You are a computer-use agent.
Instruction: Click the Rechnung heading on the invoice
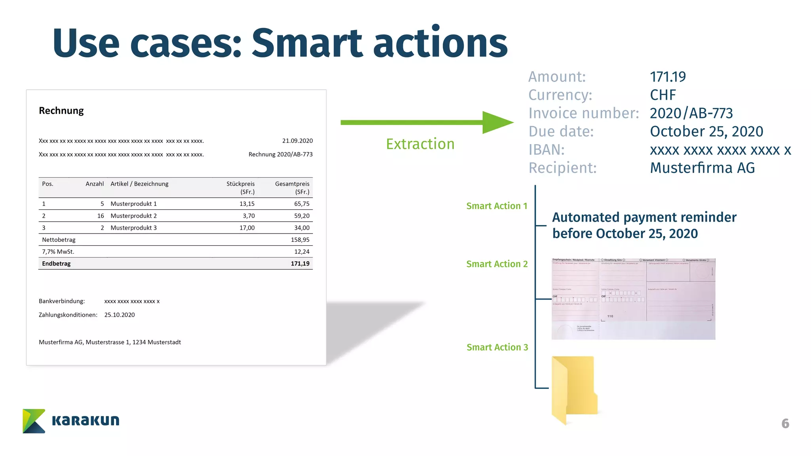(x=61, y=111)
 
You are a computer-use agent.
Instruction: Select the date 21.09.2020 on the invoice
(x=297, y=141)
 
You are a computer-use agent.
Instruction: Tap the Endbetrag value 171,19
(x=300, y=264)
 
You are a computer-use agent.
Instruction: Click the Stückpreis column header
(x=240, y=184)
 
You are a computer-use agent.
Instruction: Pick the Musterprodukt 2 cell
(x=133, y=216)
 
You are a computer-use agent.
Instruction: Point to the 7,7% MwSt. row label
(x=58, y=252)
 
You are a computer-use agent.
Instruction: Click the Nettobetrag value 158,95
(x=300, y=240)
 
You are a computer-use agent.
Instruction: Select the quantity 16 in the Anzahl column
(x=101, y=216)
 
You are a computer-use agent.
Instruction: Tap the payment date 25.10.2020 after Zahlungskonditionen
(x=119, y=315)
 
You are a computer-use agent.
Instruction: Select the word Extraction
(x=420, y=144)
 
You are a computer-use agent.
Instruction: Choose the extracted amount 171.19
(x=668, y=77)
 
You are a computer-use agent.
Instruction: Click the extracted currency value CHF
(x=663, y=95)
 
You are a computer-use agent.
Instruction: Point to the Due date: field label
(x=561, y=131)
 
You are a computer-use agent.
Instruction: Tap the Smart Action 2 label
(x=497, y=264)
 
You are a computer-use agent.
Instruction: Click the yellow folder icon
(x=574, y=389)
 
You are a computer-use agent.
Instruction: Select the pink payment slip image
(x=633, y=298)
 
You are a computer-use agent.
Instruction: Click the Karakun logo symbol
(x=34, y=421)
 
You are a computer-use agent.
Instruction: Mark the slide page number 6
(x=785, y=424)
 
